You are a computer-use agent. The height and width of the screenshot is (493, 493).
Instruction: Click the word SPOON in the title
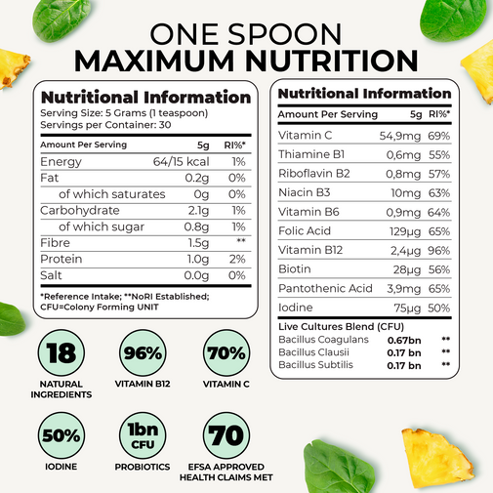[x=285, y=34]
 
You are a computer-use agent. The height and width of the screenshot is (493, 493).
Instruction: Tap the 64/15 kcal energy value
[x=181, y=162]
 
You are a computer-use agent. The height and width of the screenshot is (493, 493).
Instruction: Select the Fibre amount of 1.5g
[x=198, y=243]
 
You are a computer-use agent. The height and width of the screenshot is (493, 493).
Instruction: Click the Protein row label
[x=62, y=259]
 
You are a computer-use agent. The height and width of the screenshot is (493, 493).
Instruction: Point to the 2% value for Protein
[x=237, y=259]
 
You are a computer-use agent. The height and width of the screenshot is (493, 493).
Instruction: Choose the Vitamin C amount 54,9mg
[x=400, y=136]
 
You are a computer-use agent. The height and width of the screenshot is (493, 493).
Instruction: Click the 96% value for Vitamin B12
[x=439, y=251]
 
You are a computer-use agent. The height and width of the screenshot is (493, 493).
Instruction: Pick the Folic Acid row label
[x=305, y=231]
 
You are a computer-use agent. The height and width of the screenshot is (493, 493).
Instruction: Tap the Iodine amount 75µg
[x=407, y=308]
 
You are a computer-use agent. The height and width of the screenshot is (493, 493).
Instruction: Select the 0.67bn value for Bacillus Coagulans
[x=404, y=341]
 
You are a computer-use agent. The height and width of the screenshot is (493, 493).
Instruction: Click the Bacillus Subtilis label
[x=315, y=365]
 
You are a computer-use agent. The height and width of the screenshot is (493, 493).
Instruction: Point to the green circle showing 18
[x=62, y=353]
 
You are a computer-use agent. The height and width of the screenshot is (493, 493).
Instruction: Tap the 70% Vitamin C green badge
[x=226, y=353]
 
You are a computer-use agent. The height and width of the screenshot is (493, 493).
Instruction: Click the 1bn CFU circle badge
[x=143, y=435]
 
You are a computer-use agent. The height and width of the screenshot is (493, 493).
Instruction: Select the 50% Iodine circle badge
[x=62, y=435]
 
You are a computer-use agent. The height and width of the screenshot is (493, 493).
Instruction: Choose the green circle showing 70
[x=226, y=435]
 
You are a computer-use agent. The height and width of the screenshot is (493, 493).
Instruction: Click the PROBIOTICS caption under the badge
[x=143, y=467]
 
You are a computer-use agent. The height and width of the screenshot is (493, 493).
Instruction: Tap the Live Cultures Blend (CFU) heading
[x=341, y=327]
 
